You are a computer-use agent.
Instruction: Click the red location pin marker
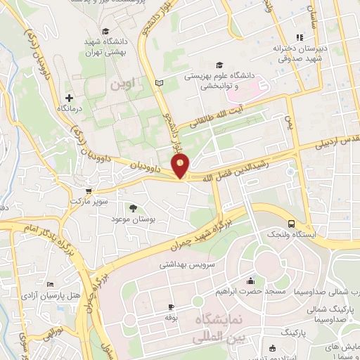[x=181, y=167]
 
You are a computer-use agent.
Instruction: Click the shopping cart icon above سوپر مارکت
[x=87, y=191]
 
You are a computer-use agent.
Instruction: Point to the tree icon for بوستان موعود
[x=133, y=207]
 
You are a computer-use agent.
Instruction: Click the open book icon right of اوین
[x=158, y=84]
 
